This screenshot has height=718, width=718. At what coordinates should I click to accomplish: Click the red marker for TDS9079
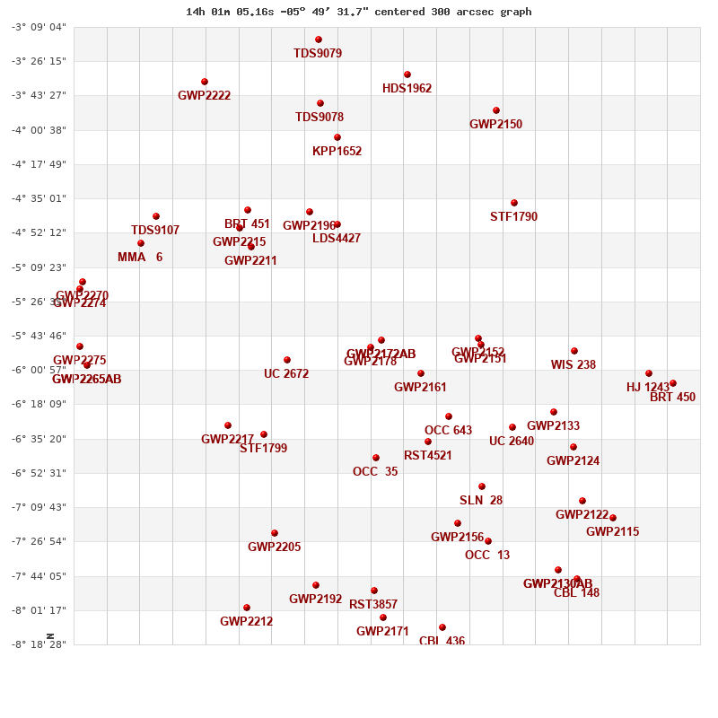tap(319, 39)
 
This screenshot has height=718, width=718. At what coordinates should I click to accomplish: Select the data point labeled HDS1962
tap(407, 74)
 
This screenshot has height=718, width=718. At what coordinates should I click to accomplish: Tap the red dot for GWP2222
tap(205, 82)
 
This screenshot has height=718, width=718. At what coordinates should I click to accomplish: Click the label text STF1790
tap(513, 216)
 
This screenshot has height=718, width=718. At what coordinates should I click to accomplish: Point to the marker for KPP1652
tap(337, 137)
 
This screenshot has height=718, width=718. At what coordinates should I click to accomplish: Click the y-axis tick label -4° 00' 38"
tap(39, 130)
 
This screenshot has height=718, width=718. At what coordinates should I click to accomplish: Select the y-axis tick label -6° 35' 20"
tap(39, 439)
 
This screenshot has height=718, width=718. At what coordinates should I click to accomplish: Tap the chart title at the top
tap(358, 12)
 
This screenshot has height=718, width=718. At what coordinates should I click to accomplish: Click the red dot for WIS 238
tap(574, 351)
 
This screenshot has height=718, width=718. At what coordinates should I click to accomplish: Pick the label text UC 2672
tap(286, 373)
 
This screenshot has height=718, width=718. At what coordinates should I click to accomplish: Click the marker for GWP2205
tap(275, 533)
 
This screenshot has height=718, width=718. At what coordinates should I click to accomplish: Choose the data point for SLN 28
tap(482, 486)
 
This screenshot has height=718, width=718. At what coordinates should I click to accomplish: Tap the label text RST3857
tap(373, 604)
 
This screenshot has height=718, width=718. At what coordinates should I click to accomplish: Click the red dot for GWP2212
tap(247, 608)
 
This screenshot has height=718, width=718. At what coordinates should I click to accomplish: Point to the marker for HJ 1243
tap(649, 373)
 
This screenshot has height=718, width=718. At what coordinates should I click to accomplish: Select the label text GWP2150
tap(495, 124)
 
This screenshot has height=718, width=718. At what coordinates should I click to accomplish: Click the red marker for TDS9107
tap(156, 216)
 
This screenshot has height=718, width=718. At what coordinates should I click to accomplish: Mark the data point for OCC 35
tap(376, 458)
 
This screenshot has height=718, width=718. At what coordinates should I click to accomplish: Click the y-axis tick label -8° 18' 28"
tap(39, 644)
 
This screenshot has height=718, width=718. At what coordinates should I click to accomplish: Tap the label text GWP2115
tap(612, 531)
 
